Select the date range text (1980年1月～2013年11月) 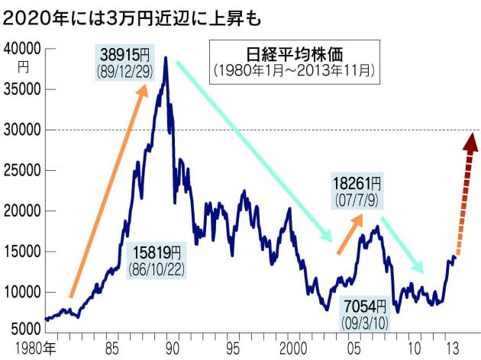coord(291,71)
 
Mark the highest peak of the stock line coord(165,79)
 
